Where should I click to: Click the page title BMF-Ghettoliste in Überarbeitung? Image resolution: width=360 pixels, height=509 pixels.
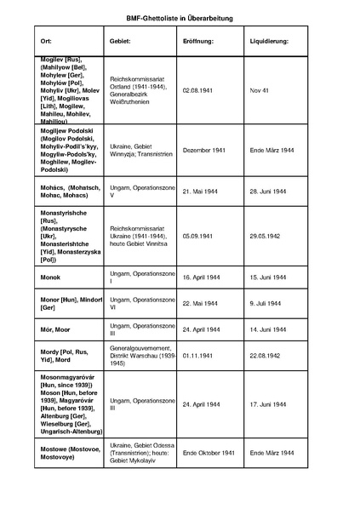pos(180,17)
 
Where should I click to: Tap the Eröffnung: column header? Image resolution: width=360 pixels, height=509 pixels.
pos(199,41)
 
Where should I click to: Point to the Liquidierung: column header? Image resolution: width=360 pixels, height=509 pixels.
pos(270,41)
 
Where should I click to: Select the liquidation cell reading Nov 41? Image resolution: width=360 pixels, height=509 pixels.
pos(260,89)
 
